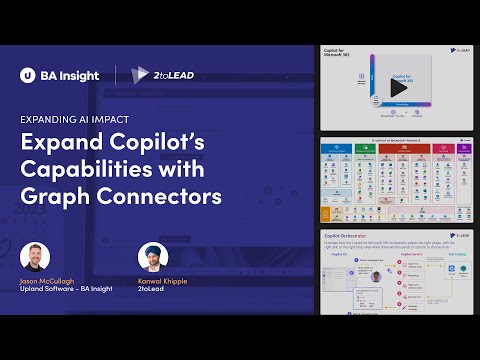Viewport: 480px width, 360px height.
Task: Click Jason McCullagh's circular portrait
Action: pos(37,257)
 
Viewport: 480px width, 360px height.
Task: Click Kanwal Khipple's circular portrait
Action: pos(154,257)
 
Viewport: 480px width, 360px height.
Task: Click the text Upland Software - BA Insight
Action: pos(67,290)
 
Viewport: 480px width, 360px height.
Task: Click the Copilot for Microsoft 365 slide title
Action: pos(339,51)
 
